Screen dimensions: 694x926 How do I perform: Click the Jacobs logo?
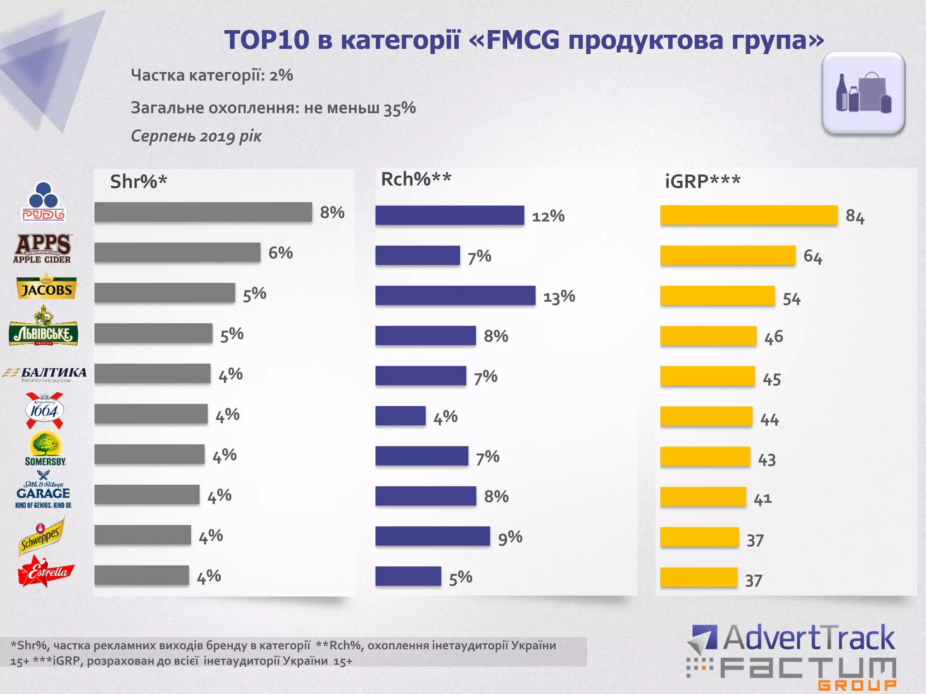point(46,287)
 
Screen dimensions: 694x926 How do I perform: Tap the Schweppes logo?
point(41,537)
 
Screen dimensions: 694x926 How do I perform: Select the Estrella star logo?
point(46,572)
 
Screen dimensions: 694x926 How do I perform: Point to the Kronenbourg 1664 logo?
point(44,410)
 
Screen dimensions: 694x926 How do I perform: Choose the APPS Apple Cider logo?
point(42,249)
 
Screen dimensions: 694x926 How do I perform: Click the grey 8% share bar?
point(203,212)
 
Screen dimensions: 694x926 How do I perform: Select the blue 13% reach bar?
point(455,295)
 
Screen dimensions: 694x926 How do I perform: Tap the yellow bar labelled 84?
point(748,215)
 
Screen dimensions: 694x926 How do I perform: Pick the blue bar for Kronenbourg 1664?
point(400,416)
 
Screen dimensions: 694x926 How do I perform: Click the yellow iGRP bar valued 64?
point(728,255)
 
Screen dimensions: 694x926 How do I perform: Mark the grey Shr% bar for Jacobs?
point(165,293)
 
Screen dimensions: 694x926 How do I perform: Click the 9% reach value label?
point(510,537)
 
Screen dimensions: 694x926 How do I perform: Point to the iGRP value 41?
point(762,499)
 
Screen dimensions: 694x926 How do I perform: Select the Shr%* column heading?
point(138,182)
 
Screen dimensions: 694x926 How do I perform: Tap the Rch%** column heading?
point(416,179)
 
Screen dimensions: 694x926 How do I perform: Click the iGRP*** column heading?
point(702,182)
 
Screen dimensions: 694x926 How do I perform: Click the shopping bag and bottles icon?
point(863,93)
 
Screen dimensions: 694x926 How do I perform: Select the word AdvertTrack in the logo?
point(808,638)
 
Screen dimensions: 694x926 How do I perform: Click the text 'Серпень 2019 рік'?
point(196,136)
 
